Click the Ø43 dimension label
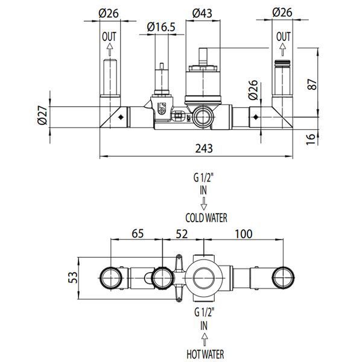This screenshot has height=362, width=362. click(202, 13)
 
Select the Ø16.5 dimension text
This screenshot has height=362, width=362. click(161, 27)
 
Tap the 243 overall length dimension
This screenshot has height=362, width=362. click(204, 148)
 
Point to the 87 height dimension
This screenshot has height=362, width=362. click(312, 84)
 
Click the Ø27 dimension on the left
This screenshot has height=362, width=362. click(43, 115)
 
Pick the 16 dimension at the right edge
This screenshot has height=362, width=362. click(311, 139)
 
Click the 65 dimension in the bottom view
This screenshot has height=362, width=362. click(138, 233)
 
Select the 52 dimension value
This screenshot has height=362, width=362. click(182, 234)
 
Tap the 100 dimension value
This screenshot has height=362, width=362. click(244, 234)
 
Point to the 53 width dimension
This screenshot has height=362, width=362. click(73, 278)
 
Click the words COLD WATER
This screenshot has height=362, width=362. click(206, 218)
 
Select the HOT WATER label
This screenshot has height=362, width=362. click(205, 354)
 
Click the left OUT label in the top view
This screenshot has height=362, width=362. click(109, 36)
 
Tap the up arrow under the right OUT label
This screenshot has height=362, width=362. click(282, 49)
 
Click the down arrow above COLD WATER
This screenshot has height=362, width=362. click(204, 203)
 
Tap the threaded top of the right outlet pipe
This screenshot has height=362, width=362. click(282, 62)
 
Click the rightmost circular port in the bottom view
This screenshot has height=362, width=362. click(284, 278)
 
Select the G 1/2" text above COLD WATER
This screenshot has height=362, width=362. click(203, 178)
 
